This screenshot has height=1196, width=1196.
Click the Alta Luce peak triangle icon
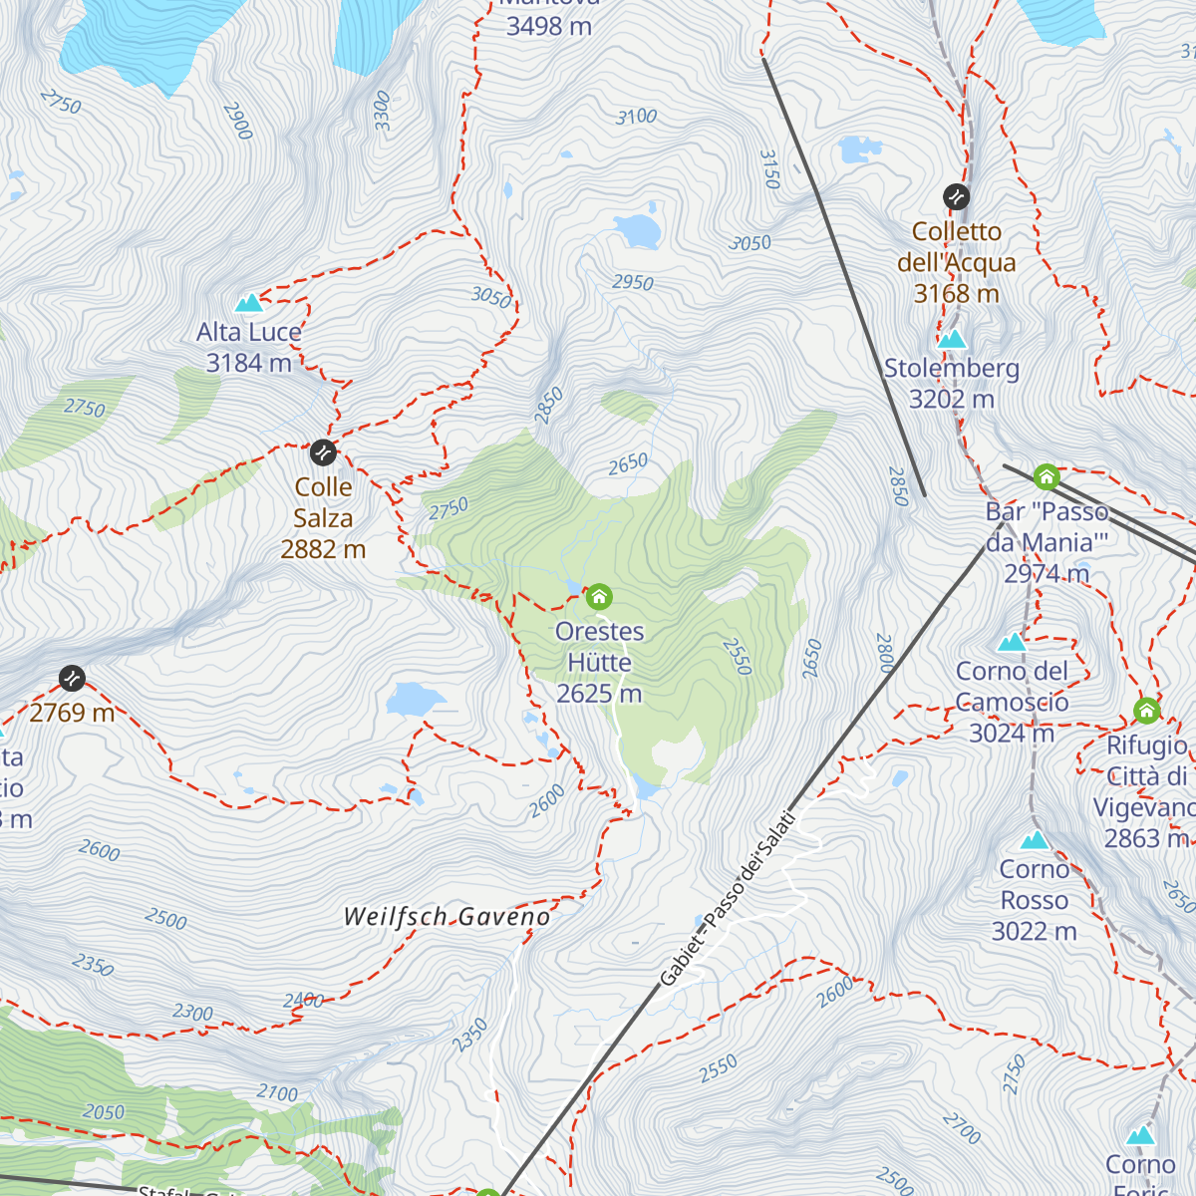pos(248,302)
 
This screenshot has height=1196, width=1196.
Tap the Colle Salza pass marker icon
pos(323,452)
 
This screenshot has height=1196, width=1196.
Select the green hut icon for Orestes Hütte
pos(598,597)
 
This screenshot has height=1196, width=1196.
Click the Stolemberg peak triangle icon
pos(952,339)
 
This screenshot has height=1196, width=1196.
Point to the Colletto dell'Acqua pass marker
pos(956,196)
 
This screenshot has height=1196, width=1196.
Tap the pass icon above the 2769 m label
pos(72,679)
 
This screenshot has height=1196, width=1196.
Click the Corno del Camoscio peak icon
pos(1012,642)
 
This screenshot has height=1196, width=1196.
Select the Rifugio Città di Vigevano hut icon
pos(1146,712)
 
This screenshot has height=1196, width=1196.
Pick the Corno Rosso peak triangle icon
pos(1035,840)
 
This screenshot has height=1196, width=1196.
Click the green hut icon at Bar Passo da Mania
pos(1046,477)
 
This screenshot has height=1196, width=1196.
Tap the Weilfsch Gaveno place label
pos(446,917)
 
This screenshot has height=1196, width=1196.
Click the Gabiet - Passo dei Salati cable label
pos(729,899)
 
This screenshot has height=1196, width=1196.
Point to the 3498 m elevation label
pos(548,27)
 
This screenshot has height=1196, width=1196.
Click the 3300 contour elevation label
pos(383,111)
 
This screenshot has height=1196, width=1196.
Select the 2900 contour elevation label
pos(238,121)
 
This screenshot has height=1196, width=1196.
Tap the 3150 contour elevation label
pos(768,169)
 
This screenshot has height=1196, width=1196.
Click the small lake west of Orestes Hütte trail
pos(416,700)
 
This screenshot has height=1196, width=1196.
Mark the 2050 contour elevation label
pos(104,1112)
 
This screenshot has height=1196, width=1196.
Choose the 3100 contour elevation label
pos(636,117)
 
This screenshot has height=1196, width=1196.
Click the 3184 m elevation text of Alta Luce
pos(248,363)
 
